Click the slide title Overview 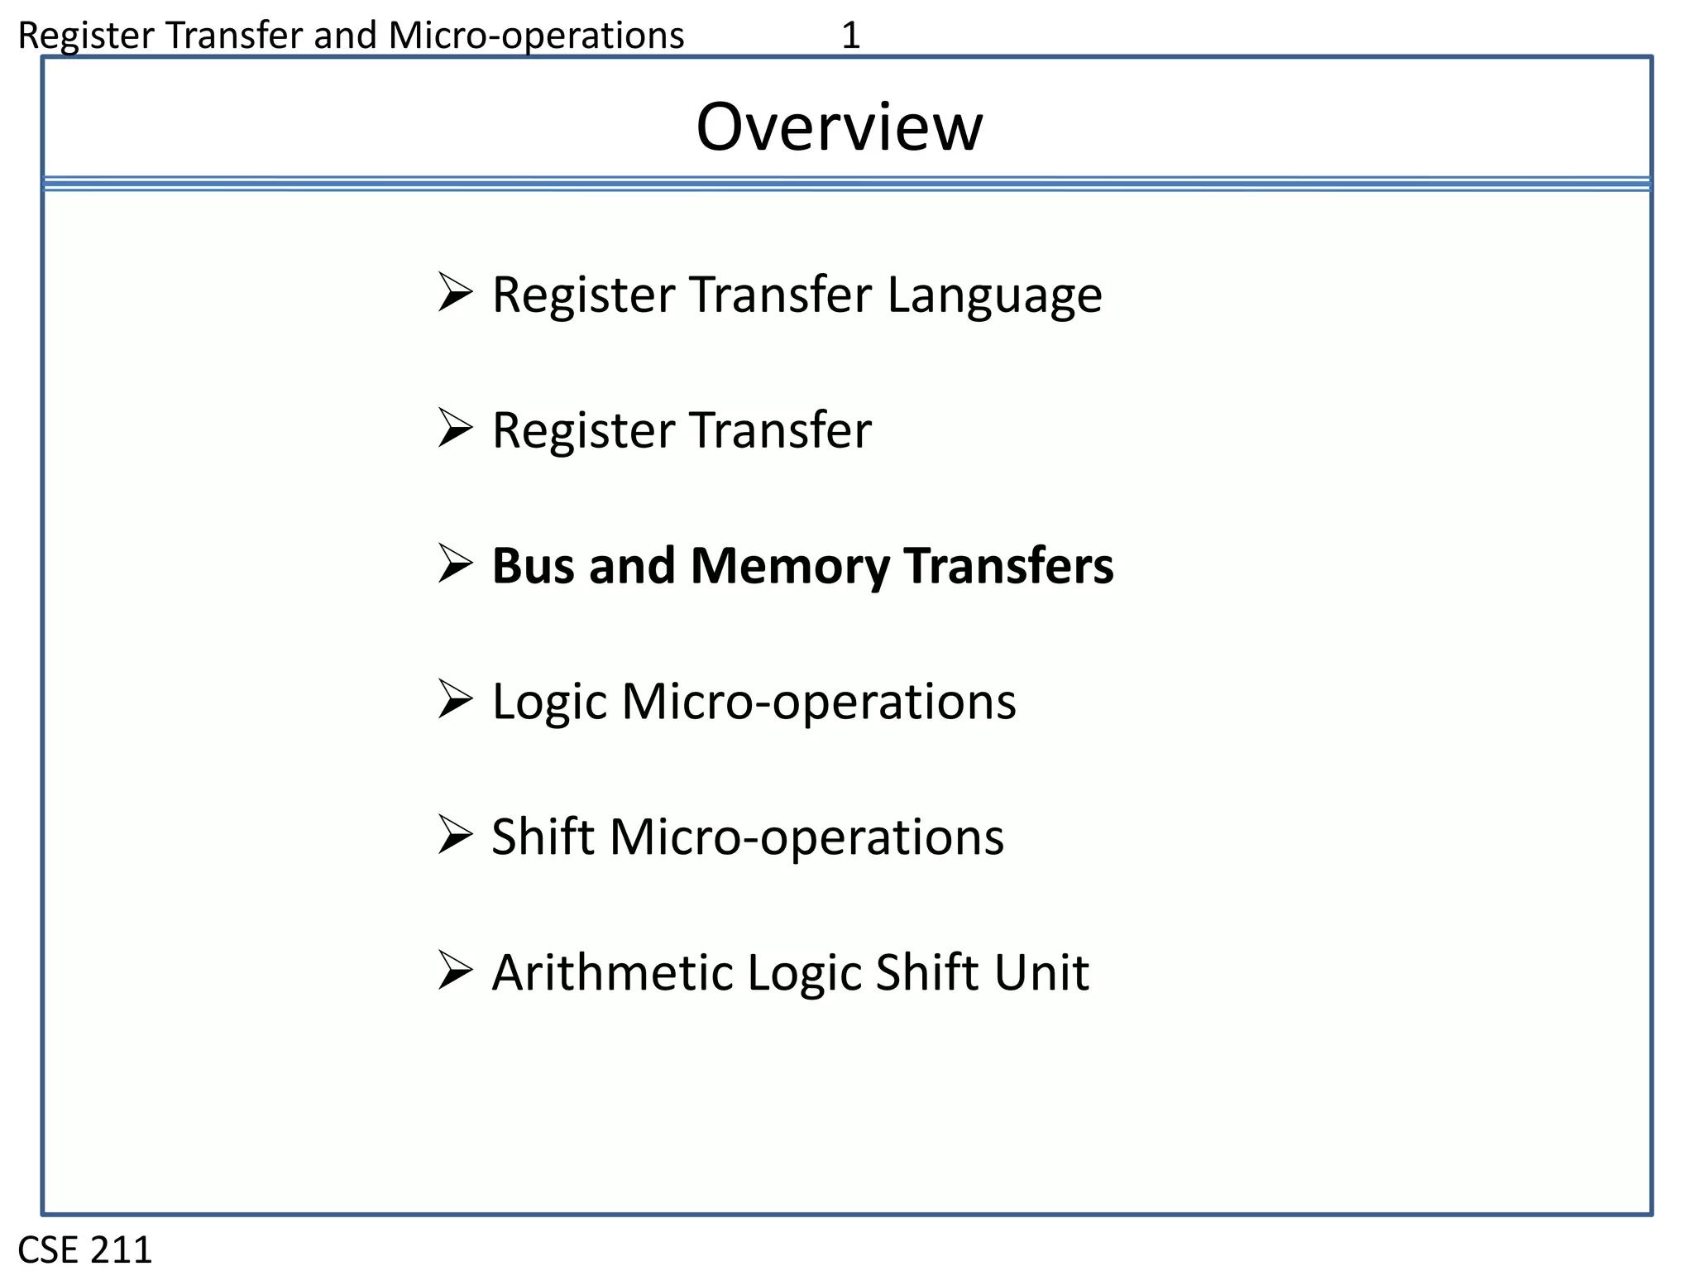839,127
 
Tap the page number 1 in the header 850,36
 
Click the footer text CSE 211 85,1249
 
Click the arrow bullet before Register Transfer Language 455,292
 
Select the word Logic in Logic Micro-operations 550,703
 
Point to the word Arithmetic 612,972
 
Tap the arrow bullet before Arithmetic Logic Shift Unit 455,970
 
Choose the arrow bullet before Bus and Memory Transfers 455,564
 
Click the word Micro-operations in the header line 536,36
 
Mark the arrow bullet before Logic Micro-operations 455,699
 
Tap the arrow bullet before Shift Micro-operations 455,834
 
